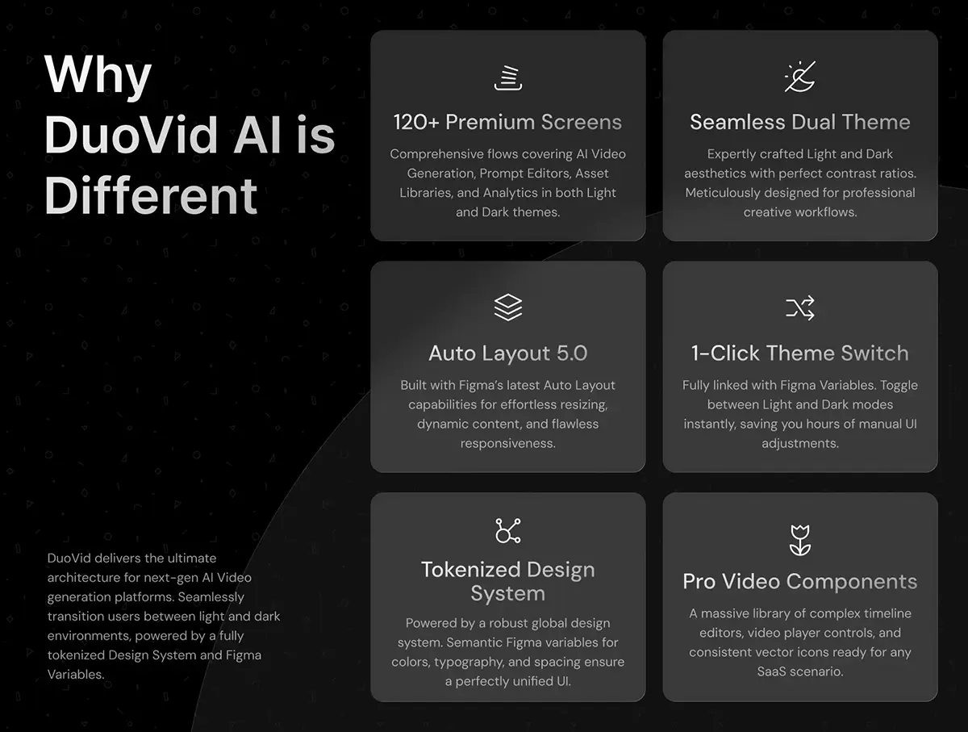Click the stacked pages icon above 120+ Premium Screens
pyautogui.click(x=507, y=78)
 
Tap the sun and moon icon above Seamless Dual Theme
pyautogui.click(x=800, y=77)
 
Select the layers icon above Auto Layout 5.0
pyautogui.click(x=507, y=307)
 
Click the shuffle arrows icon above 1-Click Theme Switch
pyautogui.click(x=800, y=307)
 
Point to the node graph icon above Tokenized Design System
pyautogui.click(x=507, y=530)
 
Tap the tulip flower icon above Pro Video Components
pyautogui.click(x=800, y=540)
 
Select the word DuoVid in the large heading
pyautogui.click(x=131, y=135)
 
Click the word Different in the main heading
pyautogui.click(x=151, y=195)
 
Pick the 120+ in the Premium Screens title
pyautogui.click(x=416, y=122)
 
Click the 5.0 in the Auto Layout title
pyautogui.click(x=572, y=353)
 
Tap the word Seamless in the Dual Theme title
pyautogui.click(x=738, y=122)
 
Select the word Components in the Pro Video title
pyautogui.click(x=852, y=582)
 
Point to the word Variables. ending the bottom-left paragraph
pyautogui.click(x=76, y=674)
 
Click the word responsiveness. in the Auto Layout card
pyautogui.click(x=507, y=443)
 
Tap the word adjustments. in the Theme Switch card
pyautogui.click(x=800, y=443)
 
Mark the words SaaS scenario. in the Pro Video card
pyautogui.click(x=800, y=671)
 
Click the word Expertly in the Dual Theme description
pyautogui.click(x=731, y=154)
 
